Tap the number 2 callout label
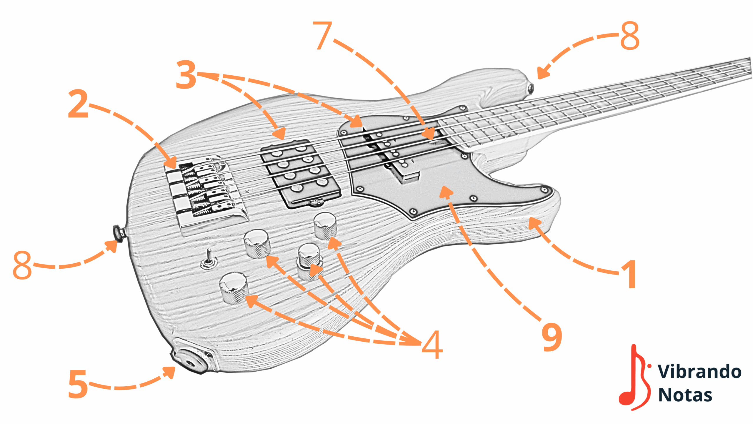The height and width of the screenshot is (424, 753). [78, 104]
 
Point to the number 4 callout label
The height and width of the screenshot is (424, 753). [432, 344]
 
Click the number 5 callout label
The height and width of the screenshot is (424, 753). [78, 384]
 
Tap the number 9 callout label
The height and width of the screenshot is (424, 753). [552, 337]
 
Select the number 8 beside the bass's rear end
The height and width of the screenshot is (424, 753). [22, 265]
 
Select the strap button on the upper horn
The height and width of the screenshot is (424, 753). [530, 89]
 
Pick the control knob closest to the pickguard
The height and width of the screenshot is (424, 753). [325, 226]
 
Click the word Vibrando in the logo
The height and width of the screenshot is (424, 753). [699, 372]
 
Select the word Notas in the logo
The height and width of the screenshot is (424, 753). [685, 395]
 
